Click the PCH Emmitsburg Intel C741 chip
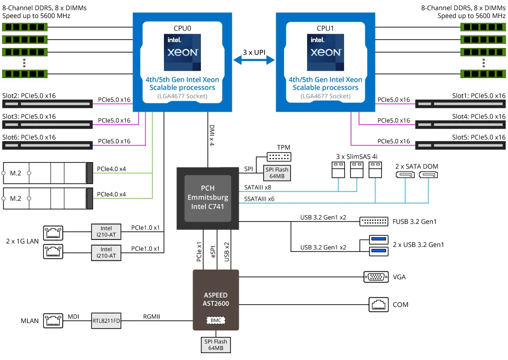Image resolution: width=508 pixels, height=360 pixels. tap(208, 198)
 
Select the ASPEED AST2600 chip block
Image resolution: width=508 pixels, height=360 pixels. tap(216, 300)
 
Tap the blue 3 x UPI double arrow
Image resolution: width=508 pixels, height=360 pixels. tap(254, 60)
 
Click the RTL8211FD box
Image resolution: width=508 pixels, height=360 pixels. tap(106, 321)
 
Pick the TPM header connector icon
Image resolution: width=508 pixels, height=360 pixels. tap(279, 157)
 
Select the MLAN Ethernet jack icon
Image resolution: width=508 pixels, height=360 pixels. tap(53, 321)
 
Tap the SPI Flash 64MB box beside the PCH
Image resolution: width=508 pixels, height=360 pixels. tap(277, 173)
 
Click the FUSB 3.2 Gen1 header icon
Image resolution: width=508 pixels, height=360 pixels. tap(374, 222)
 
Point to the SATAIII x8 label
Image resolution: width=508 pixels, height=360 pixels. tap(258, 187)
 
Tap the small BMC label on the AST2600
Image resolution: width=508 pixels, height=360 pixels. tap(216, 320)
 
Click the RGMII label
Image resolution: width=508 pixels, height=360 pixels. tap(152, 317)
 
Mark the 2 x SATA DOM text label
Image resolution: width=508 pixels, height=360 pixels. tap(417, 166)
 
